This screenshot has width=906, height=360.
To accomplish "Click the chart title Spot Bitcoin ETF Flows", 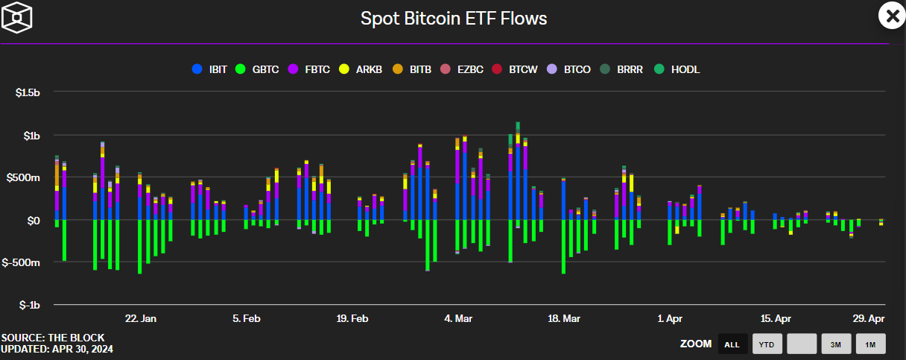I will [x=454, y=19].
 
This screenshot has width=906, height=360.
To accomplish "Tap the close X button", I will [x=891, y=16].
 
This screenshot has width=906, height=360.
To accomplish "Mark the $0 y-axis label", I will [x=34, y=221].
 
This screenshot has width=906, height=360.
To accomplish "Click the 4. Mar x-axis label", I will [x=458, y=319].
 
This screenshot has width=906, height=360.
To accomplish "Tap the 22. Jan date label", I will [x=140, y=319].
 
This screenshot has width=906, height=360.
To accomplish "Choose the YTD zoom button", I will [x=767, y=344].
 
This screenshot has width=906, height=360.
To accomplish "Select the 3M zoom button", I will [x=836, y=344].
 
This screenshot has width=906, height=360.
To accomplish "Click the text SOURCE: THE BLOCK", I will [x=53, y=338].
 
